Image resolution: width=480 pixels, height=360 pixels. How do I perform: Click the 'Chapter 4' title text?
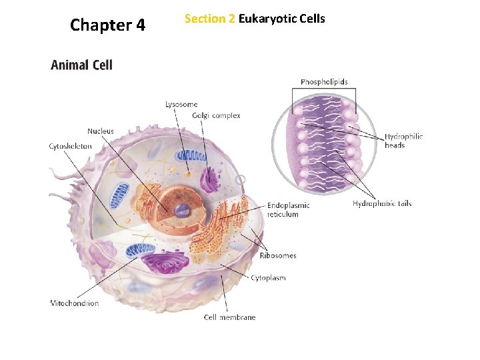point(107,25)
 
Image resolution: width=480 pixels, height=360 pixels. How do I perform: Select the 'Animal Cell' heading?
point(81,65)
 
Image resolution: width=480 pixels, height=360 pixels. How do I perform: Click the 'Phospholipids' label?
point(324,82)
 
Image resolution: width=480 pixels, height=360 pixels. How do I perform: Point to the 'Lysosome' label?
point(181,104)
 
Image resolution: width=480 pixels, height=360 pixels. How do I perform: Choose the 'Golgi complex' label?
point(216,115)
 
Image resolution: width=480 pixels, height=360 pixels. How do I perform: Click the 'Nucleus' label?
point(100,131)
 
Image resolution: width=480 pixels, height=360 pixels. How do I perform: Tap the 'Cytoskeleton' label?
point(71,146)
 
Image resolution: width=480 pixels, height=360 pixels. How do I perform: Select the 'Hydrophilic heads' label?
point(403,141)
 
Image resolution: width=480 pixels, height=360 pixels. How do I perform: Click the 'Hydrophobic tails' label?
point(382,203)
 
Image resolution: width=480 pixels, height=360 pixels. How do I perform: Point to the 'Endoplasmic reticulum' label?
point(288,210)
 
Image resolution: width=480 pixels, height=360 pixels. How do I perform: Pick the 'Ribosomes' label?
point(278,255)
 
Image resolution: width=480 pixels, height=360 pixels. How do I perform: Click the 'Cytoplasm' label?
point(268,278)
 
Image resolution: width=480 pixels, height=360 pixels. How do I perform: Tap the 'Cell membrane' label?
point(229,317)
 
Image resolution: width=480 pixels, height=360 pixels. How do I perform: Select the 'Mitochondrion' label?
point(75,303)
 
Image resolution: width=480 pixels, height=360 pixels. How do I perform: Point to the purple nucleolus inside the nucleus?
point(181,211)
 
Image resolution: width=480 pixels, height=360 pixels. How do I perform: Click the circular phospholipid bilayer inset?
point(324,145)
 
